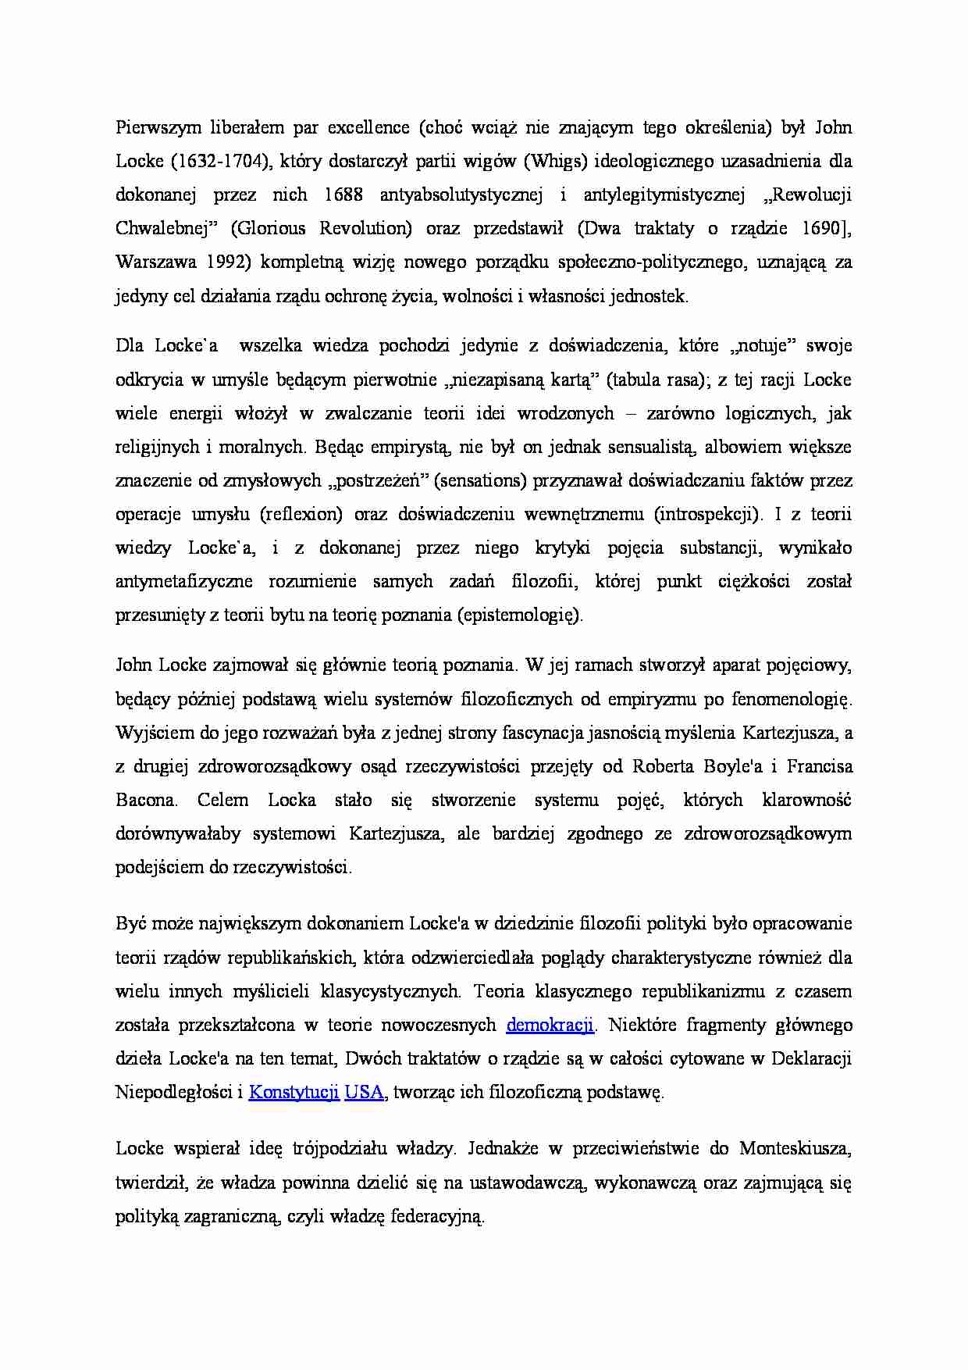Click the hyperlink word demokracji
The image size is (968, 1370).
550,1025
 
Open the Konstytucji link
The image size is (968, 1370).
294,1092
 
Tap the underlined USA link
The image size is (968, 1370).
364,1092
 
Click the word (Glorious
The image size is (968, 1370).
269,229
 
